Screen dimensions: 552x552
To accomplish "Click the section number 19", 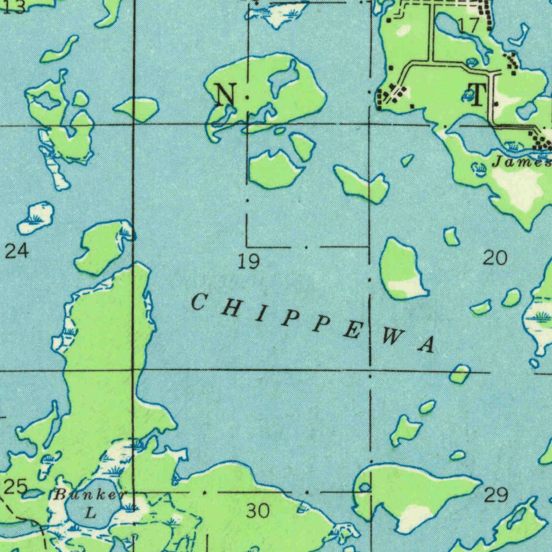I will coord(249,263).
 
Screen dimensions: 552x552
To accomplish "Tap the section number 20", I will coord(494,258).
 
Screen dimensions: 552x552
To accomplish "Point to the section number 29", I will coord(495,494).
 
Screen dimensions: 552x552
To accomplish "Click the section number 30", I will coord(258,510).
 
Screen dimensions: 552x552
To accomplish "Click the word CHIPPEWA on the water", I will coord(313,322).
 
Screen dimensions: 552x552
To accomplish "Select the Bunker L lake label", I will coord(91,502).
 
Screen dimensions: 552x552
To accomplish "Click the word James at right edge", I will coord(522,161).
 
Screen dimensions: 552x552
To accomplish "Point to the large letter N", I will coord(225,95).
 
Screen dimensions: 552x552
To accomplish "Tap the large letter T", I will coord(478,95).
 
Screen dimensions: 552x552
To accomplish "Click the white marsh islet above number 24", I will coord(37,217).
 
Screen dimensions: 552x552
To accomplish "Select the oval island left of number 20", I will coord(402,268).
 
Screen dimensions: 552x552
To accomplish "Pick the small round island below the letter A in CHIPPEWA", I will coord(460,374).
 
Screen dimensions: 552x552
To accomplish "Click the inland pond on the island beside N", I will coord(284,77).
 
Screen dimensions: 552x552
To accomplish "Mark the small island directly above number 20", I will coord(451,236).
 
